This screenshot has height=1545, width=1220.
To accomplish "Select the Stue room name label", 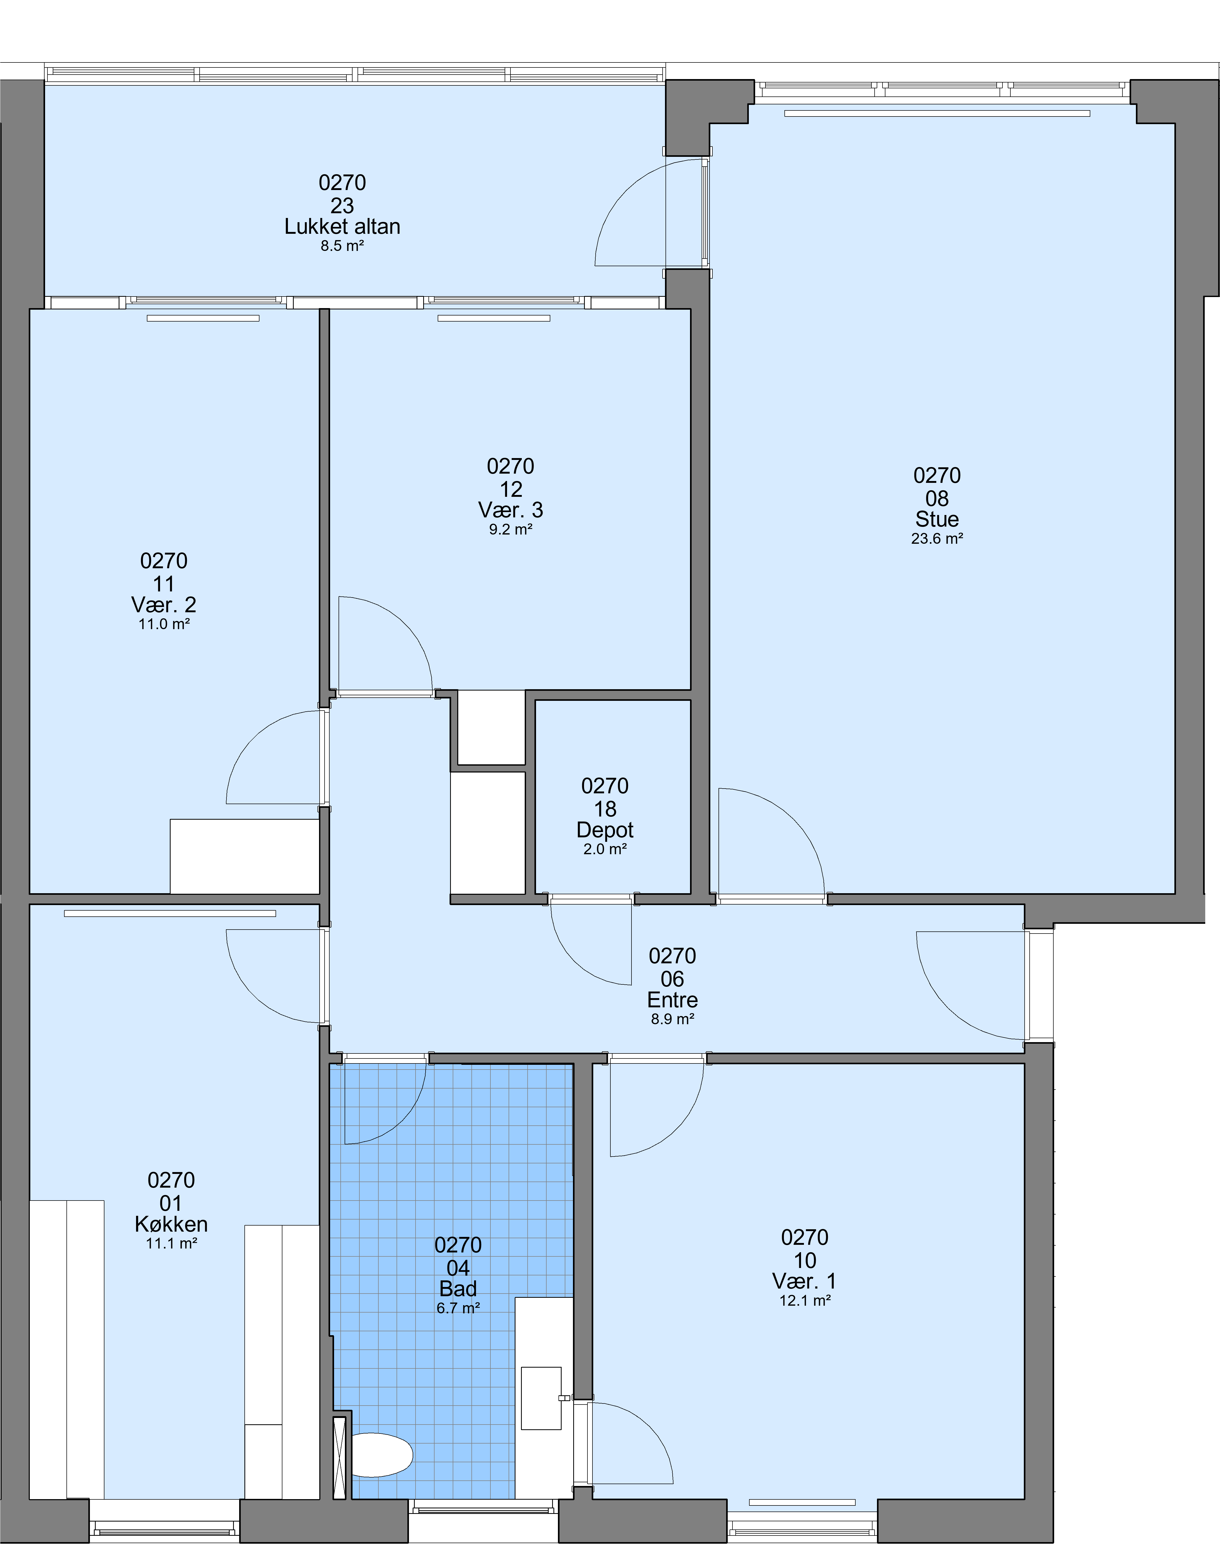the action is coord(937,519).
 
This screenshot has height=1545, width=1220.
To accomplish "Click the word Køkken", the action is coord(171,1224).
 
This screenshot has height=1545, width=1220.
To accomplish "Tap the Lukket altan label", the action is coord(342,226).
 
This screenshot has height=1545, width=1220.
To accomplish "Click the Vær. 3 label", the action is coord(511,510).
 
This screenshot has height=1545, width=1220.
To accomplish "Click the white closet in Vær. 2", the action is coord(244,856).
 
